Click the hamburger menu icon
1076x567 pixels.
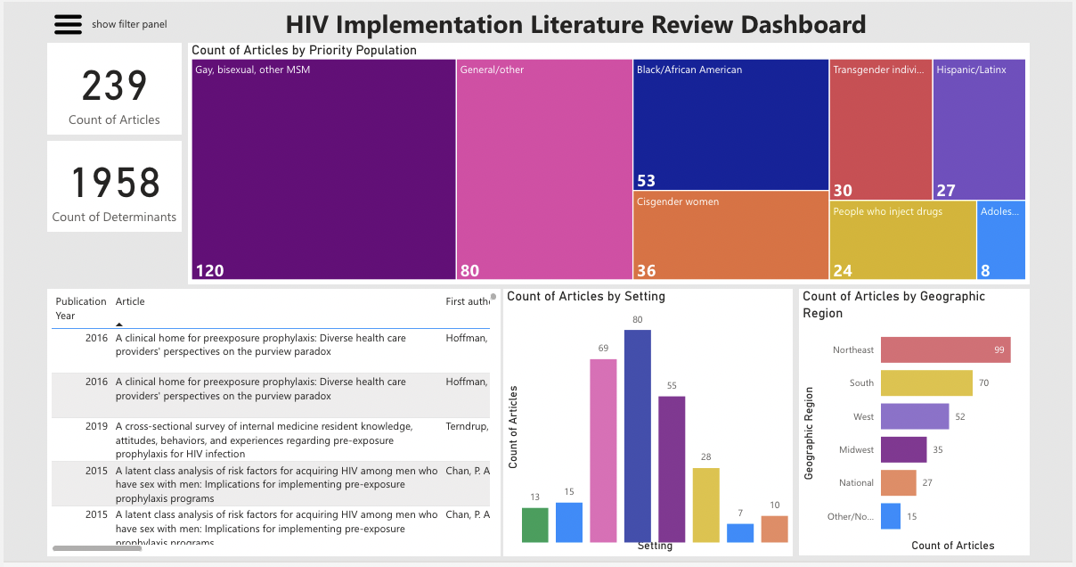(x=68, y=25)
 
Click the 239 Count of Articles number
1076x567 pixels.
(x=114, y=86)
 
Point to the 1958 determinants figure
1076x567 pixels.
(x=114, y=183)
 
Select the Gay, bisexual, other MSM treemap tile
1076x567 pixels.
(x=323, y=169)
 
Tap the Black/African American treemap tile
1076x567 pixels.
(x=730, y=125)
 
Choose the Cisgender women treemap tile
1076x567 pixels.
(x=730, y=236)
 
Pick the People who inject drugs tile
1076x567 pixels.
(x=902, y=240)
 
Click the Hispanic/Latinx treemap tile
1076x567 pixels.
(x=979, y=129)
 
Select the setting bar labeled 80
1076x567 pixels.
(x=638, y=436)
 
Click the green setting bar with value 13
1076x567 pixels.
(x=535, y=525)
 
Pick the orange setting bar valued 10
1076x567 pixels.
(x=774, y=529)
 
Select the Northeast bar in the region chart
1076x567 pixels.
(x=945, y=349)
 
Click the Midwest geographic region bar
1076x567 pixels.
(x=903, y=449)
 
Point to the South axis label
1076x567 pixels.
(x=861, y=383)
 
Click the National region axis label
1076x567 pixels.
(x=856, y=483)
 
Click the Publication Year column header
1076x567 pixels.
(x=80, y=308)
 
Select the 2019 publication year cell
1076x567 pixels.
(x=96, y=426)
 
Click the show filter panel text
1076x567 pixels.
(x=129, y=25)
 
